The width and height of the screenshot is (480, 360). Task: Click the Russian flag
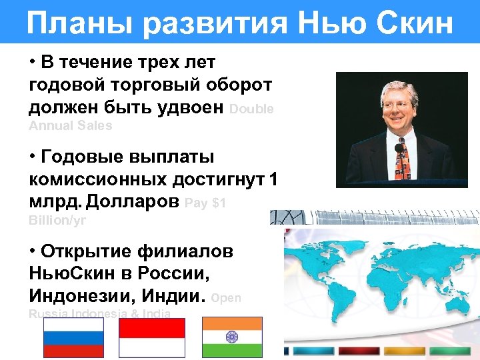point(73,338)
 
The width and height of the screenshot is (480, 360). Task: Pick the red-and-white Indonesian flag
point(152,338)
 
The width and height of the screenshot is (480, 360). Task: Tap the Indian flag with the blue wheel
point(232,338)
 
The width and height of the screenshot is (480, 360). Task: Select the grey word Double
point(251,110)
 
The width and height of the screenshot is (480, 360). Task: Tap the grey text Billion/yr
point(58,219)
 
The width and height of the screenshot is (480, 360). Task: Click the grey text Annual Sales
point(71,125)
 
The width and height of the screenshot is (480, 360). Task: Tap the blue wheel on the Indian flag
point(232,338)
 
